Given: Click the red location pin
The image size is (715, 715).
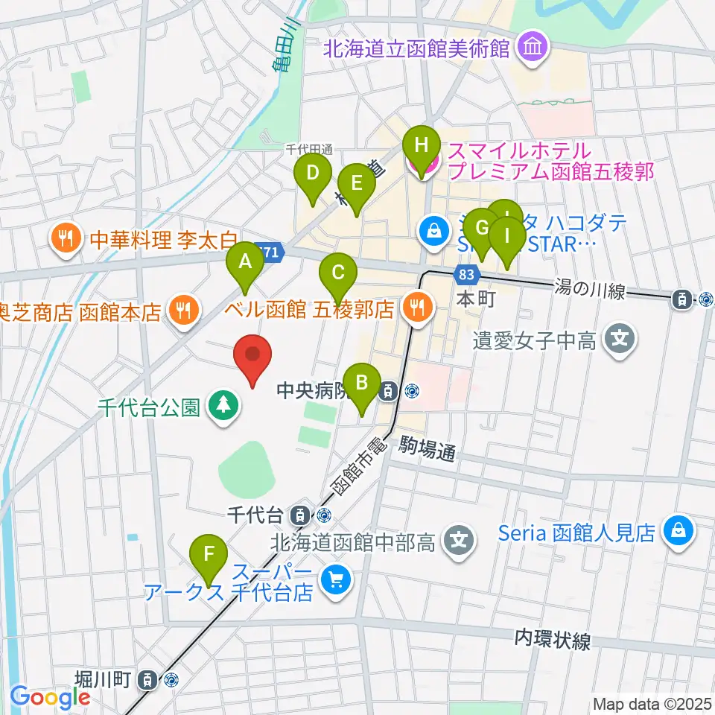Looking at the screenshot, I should [253, 357].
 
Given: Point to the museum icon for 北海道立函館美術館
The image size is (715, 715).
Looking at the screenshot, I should [534, 49].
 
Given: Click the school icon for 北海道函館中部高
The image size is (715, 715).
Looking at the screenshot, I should [460, 539].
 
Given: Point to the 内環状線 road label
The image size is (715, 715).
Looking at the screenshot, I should [553, 640].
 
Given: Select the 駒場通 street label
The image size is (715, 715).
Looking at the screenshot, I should [427, 451].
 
